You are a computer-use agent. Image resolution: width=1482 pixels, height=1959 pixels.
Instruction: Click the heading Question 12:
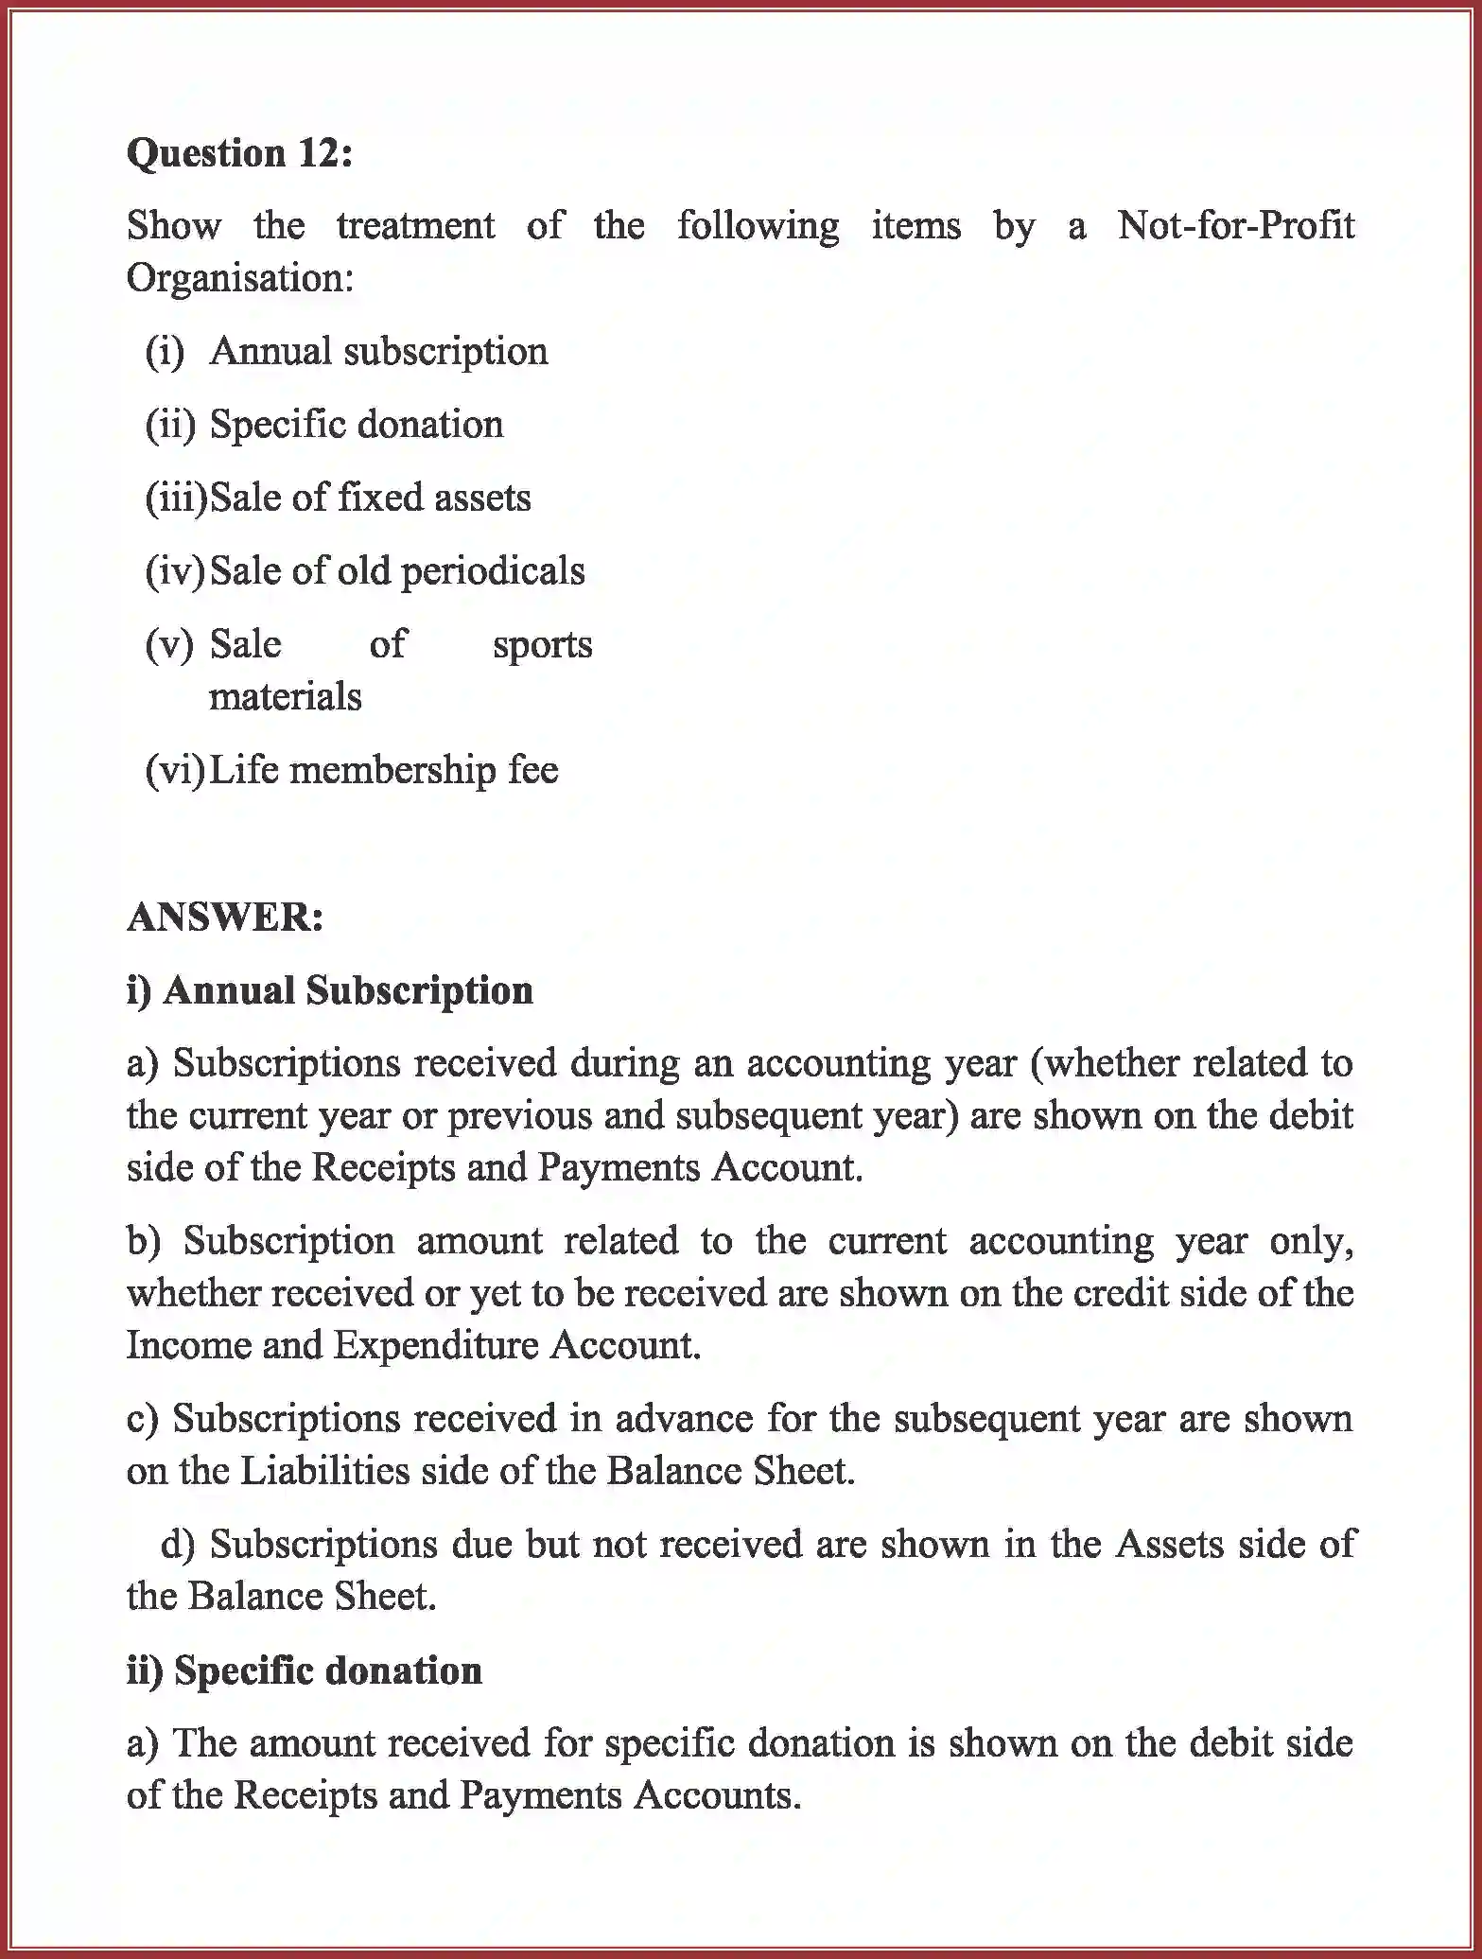239,153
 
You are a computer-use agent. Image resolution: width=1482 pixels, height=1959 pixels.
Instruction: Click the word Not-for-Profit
1235,226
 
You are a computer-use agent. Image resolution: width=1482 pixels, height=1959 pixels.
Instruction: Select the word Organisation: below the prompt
239,278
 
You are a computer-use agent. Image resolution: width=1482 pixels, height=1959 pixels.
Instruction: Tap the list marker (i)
165,352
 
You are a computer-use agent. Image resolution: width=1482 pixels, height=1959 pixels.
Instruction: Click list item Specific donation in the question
356,425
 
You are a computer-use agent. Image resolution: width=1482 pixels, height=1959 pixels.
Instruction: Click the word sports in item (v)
542,645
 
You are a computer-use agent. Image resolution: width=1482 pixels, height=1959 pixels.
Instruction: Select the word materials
285,697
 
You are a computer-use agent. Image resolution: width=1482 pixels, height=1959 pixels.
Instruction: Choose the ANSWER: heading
225,918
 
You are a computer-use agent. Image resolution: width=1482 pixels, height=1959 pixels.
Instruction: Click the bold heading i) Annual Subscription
329,990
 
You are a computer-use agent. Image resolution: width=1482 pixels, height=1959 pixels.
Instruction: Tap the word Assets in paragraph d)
1170,1545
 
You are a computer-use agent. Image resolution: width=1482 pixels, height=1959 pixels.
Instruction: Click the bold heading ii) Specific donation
304,1670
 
